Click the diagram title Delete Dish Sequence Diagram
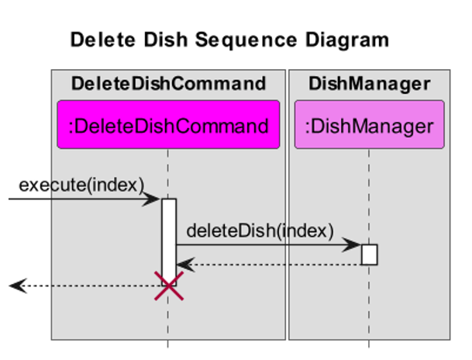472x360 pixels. (229, 40)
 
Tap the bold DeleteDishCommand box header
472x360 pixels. (168, 84)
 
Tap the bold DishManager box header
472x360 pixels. (369, 84)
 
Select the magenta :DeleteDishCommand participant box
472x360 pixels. (168, 125)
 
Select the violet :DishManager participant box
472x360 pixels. (369, 125)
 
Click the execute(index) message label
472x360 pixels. (81, 185)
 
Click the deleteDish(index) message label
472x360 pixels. (260, 230)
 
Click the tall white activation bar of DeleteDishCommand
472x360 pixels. (168, 233)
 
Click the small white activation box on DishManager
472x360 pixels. (369, 254)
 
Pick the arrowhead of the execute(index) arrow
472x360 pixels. (155, 199)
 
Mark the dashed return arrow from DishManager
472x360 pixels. (271, 265)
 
